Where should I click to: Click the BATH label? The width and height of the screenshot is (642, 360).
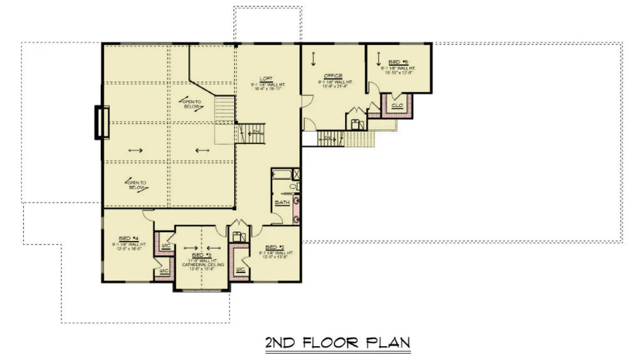tap(282, 203)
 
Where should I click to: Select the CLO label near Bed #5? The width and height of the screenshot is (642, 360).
tap(396, 105)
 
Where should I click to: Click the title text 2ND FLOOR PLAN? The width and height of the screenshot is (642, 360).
tap(337, 342)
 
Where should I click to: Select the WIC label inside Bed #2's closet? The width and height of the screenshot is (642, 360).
tap(240, 270)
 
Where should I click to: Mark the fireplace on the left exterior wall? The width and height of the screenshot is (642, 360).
tap(101, 122)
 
